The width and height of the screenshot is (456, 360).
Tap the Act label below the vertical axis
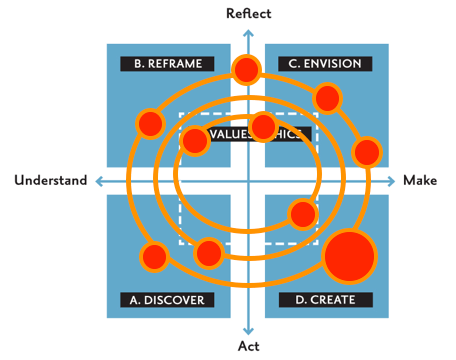coord(247,347)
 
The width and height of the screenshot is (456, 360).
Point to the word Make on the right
coord(420,181)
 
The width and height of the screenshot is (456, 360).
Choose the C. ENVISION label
coord(325,64)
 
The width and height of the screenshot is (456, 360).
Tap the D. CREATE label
coord(325,299)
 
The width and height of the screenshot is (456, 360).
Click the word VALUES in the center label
coord(228,133)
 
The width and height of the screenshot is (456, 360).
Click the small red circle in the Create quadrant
coord(302,213)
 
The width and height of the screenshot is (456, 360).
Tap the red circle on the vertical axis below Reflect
coord(246,70)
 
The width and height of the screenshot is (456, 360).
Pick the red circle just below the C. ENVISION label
coord(327,97)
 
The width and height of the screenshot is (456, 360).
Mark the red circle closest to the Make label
coord(367,152)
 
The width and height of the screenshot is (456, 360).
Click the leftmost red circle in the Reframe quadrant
coord(149,123)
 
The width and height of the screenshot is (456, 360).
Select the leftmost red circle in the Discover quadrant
coord(153,257)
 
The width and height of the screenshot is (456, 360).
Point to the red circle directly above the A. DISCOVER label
coord(208,253)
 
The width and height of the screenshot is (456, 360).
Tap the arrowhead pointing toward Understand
coord(96,181)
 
